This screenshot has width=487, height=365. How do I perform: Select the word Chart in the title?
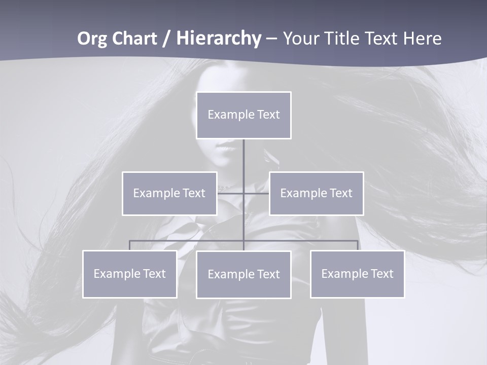[x=132, y=39]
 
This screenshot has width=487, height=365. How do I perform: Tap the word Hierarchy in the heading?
[x=219, y=39]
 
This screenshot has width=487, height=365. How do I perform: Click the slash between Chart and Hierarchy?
[x=166, y=39]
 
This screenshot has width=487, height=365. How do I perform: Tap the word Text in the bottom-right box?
[x=381, y=274]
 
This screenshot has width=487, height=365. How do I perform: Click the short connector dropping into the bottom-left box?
[x=129, y=245]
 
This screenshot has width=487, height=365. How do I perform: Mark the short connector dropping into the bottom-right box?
[x=358, y=245]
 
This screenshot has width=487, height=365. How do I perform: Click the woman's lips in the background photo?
[x=226, y=148]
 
